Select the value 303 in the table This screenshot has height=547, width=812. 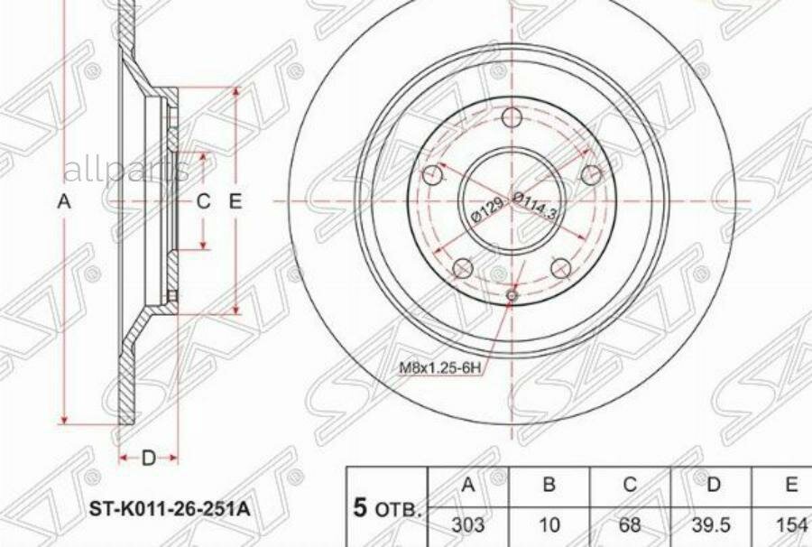[x=468, y=523]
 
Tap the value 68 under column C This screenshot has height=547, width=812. [x=630, y=523]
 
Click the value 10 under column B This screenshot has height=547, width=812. [x=549, y=523]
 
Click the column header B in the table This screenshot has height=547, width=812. [x=549, y=486]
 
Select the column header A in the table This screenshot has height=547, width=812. [x=468, y=486]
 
